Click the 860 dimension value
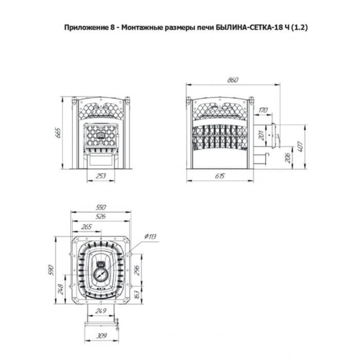coord(233,80)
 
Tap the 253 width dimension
coord(101,176)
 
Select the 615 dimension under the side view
coord(220,176)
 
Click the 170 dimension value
coord(263,110)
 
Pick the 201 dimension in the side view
coord(262,136)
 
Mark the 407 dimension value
coord(301,147)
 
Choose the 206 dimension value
coord(287,158)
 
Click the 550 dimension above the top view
coord(101,207)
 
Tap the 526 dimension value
coord(101,216)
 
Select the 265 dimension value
coord(86,227)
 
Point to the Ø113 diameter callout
coord(151,236)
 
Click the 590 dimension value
coord(51,271)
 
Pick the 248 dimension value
coord(61,289)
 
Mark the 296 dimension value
coord(137,270)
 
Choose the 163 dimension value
coord(137,295)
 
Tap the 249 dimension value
coord(101,311)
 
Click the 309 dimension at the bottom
coord(101,336)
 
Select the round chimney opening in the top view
coord(100,274)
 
